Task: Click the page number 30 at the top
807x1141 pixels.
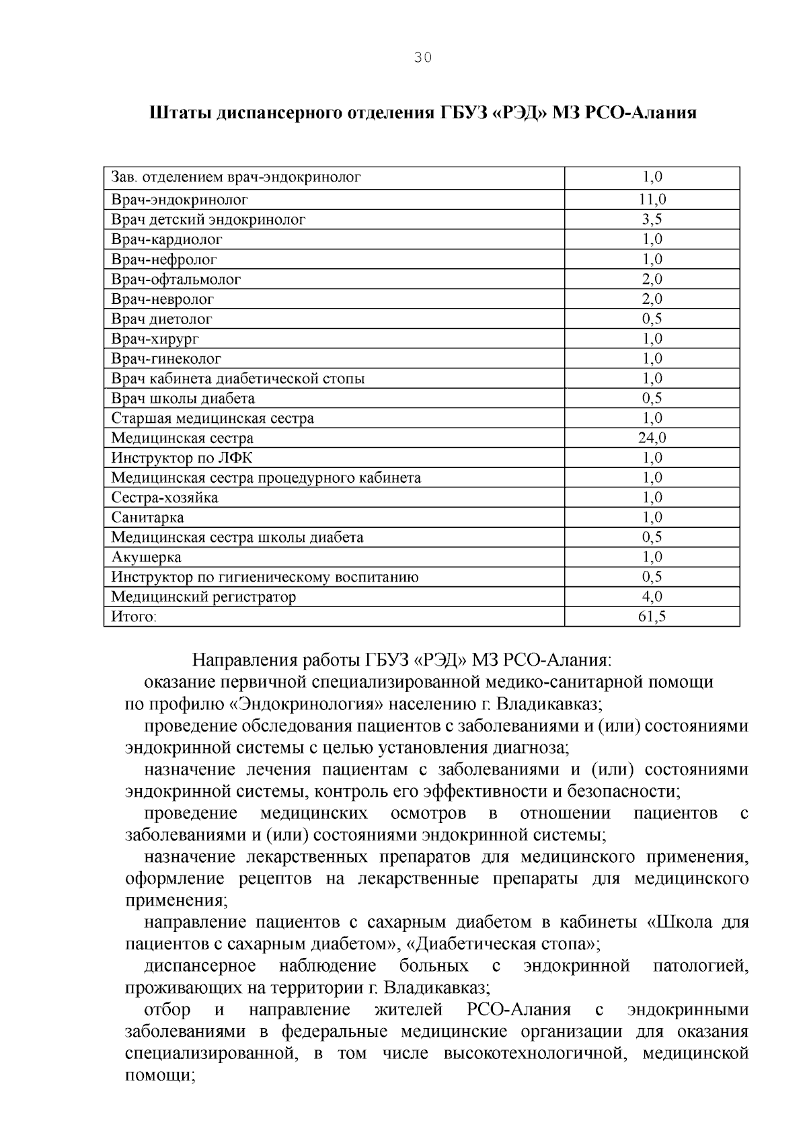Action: (422, 58)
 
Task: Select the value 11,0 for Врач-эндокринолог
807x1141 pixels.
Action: (652, 200)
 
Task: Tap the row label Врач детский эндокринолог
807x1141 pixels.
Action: (208, 220)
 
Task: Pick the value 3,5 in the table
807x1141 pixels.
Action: (652, 220)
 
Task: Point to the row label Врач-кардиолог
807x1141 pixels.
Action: (167, 239)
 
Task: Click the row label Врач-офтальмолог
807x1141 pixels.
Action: (176, 279)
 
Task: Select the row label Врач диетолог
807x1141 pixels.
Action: (161, 319)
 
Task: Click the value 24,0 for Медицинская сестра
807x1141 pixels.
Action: (652, 438)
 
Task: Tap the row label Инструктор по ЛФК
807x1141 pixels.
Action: (182, 458)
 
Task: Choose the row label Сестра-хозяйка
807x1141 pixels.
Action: (165, 498)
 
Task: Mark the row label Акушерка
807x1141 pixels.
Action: (146, 557)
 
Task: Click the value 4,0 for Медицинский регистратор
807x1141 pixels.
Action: (652, 597)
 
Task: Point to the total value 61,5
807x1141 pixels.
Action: (652, 617)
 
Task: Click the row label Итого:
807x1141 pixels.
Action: (134, 617)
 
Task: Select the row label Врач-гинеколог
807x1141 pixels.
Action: (166, 358)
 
